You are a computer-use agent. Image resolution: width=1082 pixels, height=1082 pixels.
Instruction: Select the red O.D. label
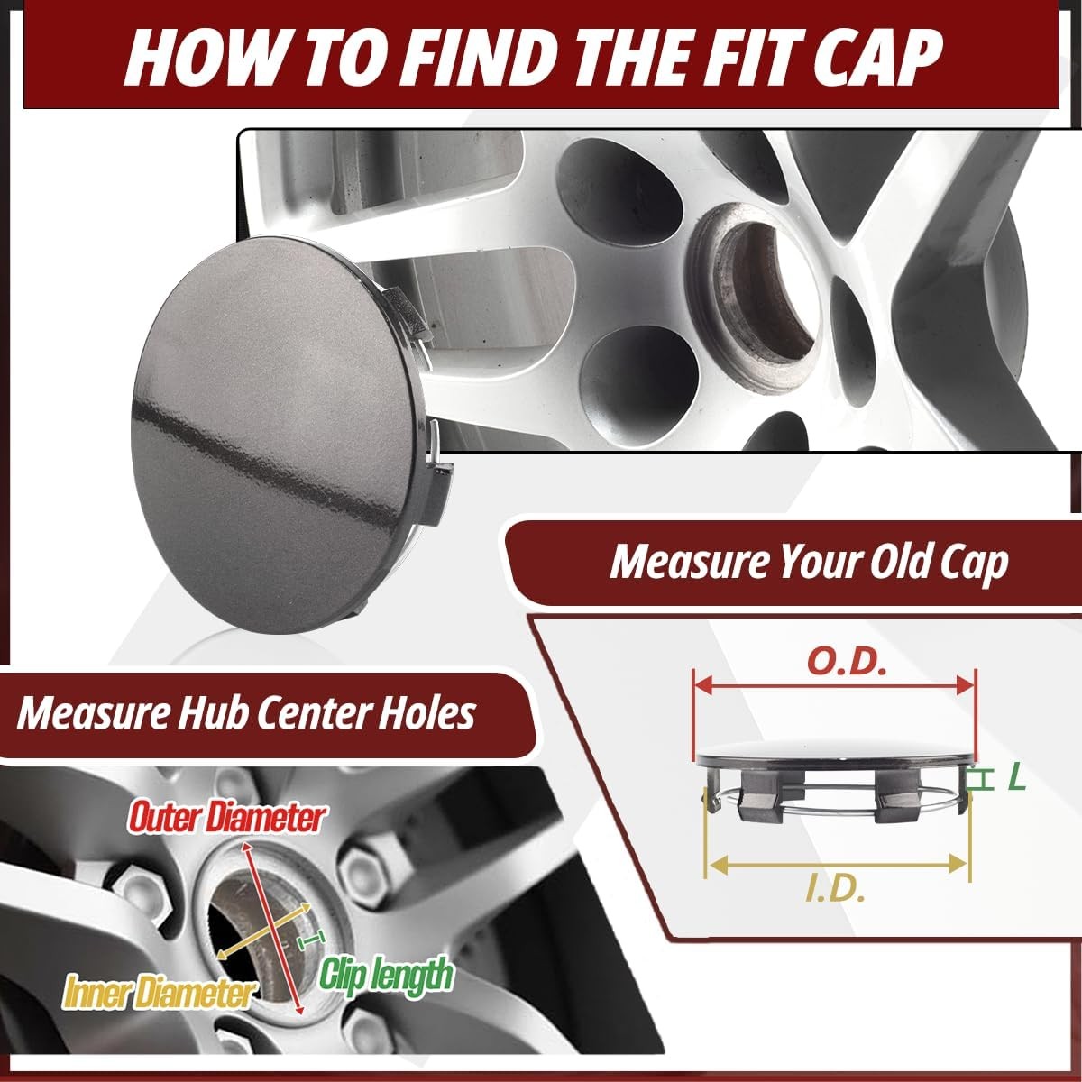point(847,662)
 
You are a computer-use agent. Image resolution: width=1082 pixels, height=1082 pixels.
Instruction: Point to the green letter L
point(1016,778)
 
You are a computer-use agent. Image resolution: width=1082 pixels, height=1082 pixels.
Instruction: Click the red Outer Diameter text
point(225,818)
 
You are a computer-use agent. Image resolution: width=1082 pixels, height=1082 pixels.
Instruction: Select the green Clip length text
point(386,974)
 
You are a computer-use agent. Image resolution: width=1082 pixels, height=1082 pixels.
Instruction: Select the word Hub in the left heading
point(215,713)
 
